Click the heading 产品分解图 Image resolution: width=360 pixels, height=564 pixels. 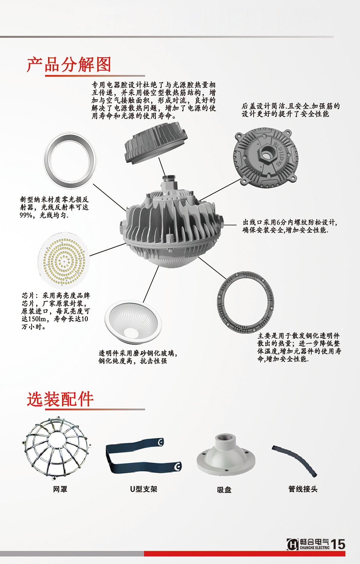pos(69,65)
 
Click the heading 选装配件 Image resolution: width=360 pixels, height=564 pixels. pos(60,399)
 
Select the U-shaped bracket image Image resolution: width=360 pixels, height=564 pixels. pos(143,456)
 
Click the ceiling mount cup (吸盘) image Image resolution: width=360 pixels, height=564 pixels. pos(226,456)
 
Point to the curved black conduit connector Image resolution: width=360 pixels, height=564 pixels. pos(295,460)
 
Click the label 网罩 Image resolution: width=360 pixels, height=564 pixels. pos(60,489)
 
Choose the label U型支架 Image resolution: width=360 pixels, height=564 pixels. pos(143,489)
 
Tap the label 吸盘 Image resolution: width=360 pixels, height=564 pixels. pos(224,490)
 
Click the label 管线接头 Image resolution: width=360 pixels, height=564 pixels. pos(303,489)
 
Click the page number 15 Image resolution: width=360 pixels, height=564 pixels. pos(338,545)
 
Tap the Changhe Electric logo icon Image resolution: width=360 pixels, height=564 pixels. pos(292,544)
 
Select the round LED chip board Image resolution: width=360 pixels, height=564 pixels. pos(64,261)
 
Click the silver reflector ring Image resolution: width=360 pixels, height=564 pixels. pos(70,161)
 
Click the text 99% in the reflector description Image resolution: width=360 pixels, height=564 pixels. pos(26,215)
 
